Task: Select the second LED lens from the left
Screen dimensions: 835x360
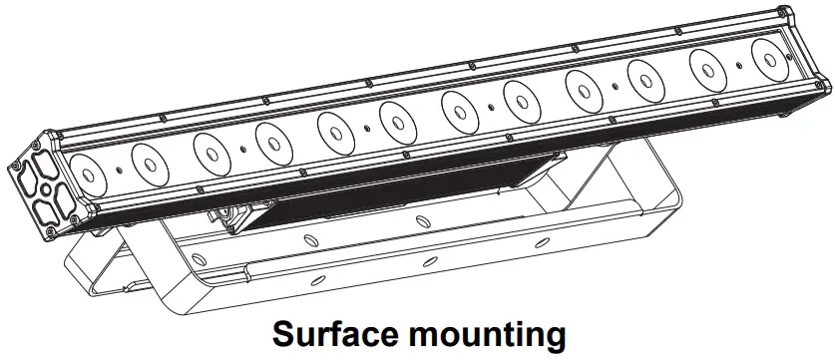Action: (147, 161)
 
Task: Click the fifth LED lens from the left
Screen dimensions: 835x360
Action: (334, 129)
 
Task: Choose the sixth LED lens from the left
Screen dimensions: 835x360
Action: (396, 117)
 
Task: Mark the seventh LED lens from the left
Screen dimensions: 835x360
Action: (458, 105)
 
